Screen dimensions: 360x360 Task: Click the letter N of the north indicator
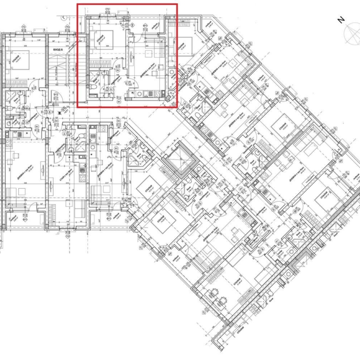click(341, 20)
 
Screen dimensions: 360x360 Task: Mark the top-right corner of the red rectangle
click(177, 5)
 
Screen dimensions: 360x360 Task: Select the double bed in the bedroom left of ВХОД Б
click(18, 60)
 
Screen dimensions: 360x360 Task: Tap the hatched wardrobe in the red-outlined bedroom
click(100, 62)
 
